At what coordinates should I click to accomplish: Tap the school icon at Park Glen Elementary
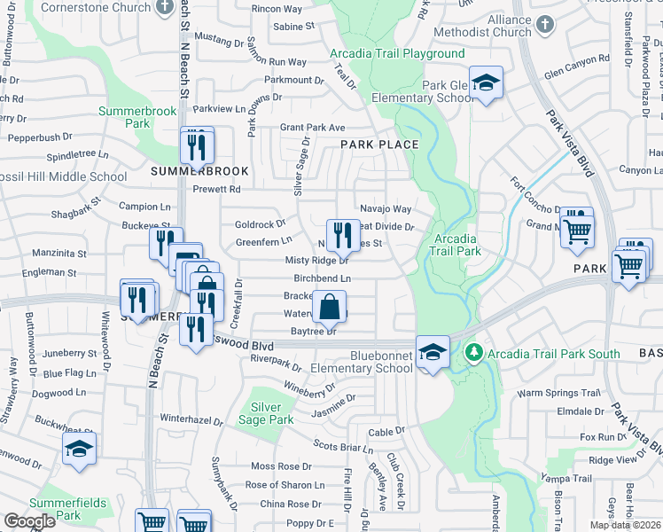pyautogui.click(x=486, y=84)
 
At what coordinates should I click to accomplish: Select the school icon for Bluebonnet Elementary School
pyautogui.click(x=432, y=352)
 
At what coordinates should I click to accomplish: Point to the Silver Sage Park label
pyautogui.click(x=266, y=413)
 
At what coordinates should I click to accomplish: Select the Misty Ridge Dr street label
pyautogui.click(x=316, y=261)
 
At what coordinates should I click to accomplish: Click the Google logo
pyautogui.click(x=30, y=521)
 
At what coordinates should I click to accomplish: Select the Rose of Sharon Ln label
pyautogui.click(x=285, y=485)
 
